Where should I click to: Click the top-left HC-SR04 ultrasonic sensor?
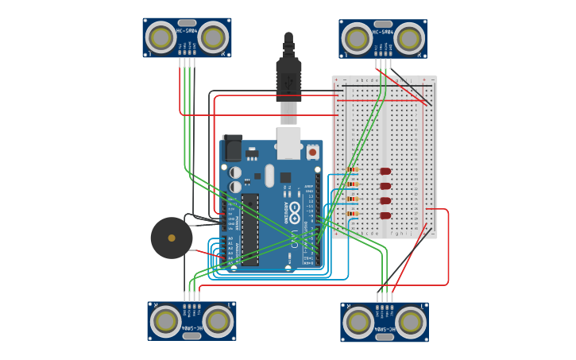(187, 38)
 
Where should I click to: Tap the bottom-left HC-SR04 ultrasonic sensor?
(191, 320)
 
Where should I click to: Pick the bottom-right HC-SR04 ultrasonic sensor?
(385, 321)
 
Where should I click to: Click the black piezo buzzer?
(172, 238)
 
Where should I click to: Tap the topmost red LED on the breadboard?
(386, 171)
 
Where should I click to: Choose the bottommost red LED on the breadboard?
(386, 215)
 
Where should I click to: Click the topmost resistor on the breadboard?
(353, 169)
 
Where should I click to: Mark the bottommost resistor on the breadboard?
(353, 214)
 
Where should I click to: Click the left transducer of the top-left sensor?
(161, 37)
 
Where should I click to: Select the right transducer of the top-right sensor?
(408, 38)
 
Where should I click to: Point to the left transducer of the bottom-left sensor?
(166, 321)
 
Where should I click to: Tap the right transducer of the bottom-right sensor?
(410, 322)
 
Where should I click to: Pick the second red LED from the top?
(386, 186)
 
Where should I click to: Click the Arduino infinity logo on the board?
(295, 212)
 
